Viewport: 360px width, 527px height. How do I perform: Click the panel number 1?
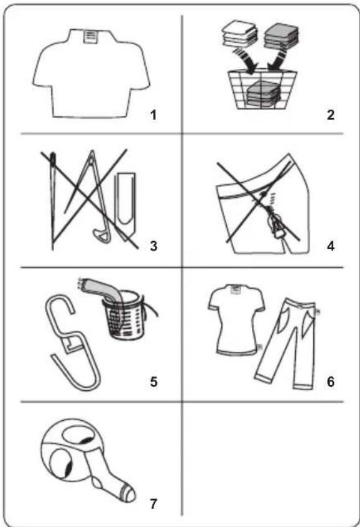[154, 116]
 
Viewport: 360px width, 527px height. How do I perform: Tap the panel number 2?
[330, 115]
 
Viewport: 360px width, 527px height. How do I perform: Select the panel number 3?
[154, 246]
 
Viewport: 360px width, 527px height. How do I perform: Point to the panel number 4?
[331, 246]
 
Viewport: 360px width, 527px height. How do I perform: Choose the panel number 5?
[154, 382]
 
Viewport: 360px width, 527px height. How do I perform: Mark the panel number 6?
[331, 382]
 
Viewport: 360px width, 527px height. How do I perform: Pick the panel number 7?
[154, 504]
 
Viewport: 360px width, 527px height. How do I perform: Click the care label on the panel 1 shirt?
[90, 36]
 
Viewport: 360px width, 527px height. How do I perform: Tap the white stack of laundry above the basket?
[239, 34]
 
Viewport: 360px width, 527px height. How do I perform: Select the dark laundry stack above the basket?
[281, 36]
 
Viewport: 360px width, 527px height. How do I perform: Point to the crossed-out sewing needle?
[53, 201]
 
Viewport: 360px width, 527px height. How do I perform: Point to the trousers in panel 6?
[286, 343]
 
